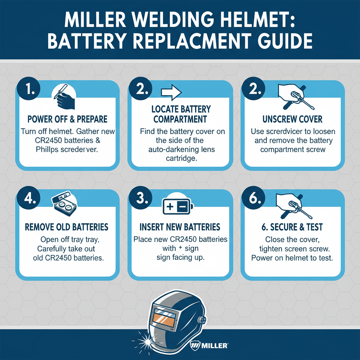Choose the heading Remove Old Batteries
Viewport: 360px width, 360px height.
coord(67,227)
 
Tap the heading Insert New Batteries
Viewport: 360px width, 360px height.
coord(180,227)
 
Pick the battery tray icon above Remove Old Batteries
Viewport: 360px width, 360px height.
coord(65,203)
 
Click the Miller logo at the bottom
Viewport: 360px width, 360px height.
coord(210,345)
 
